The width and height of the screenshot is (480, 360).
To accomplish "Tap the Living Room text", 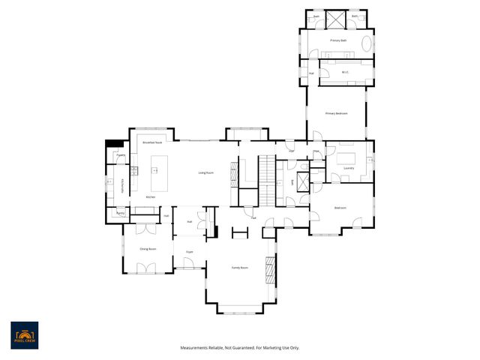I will point(206,173).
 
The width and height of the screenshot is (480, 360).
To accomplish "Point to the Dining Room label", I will point(148,248).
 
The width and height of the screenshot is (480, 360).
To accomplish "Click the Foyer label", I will point(190,252).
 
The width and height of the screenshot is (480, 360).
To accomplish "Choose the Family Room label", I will point(239,268).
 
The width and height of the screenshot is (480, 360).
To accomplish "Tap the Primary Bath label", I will point(337,40).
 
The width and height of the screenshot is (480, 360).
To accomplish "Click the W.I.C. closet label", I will point(345,72).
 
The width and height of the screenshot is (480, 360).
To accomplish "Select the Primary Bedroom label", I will point(336,113).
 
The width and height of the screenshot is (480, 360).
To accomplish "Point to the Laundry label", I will point(349,168).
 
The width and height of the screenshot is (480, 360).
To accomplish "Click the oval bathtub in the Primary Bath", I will point(367,43).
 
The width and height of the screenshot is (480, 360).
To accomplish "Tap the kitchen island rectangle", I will point(160,174).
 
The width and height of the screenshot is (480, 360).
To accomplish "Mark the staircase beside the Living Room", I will point(268,180).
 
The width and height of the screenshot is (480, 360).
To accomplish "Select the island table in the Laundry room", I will point(346,158).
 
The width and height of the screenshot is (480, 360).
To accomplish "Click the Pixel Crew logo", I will point(24,335).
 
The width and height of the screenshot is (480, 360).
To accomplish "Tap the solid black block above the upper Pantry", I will point(114,145).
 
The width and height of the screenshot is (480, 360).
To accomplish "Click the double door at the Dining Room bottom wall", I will point(148,269).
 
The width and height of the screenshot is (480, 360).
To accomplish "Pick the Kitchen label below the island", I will point(150,197).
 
